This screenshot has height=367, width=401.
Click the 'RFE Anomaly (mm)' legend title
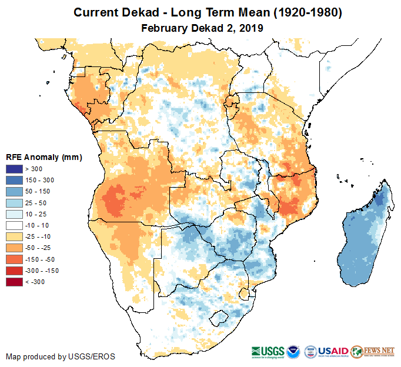coord(44,158)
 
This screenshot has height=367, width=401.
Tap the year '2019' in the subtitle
coord(250,28)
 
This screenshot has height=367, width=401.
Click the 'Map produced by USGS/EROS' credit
coord(61,356)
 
